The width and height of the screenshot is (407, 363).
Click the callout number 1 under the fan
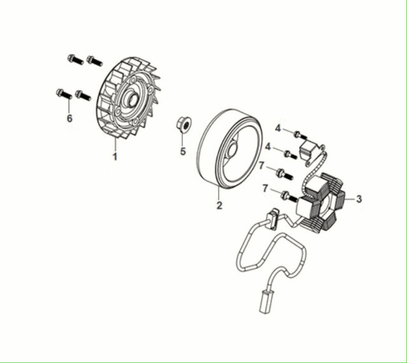pyautogui.click(x=114, y=157)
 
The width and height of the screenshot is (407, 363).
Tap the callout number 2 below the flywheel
pyautogui.click(x=219, y=205)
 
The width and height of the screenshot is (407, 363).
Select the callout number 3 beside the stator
pyautogui.click(x=359, y=199)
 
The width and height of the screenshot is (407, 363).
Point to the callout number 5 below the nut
pyautogui.click(x=183, y=151)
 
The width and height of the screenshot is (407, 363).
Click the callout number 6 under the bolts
pyautogui.click(x=69, y=119)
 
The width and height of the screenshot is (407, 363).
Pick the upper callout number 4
pyautogui.click(x=278, y=128)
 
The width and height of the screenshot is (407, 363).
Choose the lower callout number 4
pyautogui.click(x=268, y=147)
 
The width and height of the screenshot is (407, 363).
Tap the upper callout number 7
pyautogui.click(x=261, y=165)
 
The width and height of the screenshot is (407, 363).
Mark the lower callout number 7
pyautogui.click(x=265, y=188)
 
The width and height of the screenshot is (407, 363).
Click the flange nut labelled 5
pyautogui.click(x=184, y=124)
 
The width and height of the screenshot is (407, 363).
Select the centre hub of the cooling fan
pyautogui.click(x=132, y=100)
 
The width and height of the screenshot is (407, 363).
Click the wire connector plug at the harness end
pyautogui.click(x=266, y=302)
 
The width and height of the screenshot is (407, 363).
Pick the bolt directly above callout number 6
pyautogui.click(x=64, y=94)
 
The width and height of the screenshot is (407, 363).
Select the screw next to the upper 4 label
pyautogui.click(x=300, y=135)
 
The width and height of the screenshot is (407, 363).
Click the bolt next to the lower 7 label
pyautogui.click(x=289, y=197)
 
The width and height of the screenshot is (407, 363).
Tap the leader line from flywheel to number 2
pyautogui.click(x=219, y=193)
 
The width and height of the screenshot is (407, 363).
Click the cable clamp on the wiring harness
pyautogui.click(x=273, y=219)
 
